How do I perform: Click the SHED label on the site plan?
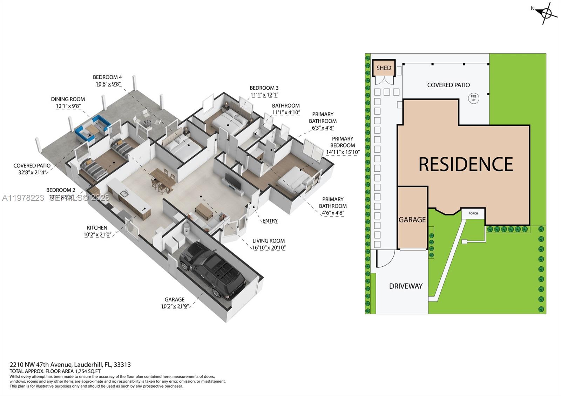(384, 68)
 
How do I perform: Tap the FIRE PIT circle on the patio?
(473, 98)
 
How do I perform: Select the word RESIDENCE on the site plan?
(466, 164)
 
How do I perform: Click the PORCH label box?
(473, 213)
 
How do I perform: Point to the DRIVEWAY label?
(406, 286)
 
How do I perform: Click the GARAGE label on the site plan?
(412, 220)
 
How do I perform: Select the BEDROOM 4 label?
(107, 77)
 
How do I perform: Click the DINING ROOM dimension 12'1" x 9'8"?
(68, 106)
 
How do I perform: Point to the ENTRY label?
(270, 221)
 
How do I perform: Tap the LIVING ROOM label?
(269, 241)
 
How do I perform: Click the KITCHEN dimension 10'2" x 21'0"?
(97, 234)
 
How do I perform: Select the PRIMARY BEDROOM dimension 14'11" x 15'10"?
(343, 152)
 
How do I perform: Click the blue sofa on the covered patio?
(92, 128)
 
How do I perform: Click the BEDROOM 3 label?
(264, 88)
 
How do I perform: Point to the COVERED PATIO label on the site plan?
(448, 85)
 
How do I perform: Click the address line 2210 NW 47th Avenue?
(70, 364)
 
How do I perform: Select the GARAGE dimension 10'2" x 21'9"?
(175, 306)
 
